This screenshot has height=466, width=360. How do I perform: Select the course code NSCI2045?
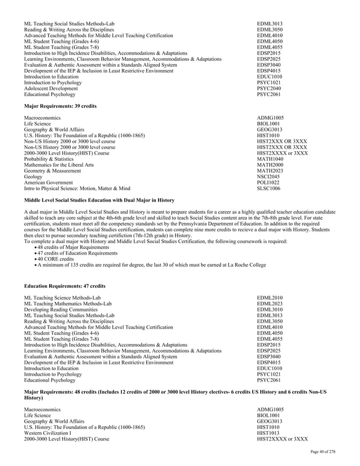tap(268, 177)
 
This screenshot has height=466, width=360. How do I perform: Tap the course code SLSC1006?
tap(268, 188)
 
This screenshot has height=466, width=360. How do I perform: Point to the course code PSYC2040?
tap(269, 89)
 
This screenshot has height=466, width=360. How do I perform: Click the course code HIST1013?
tap(268, 433)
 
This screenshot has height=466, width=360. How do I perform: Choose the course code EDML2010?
tap(270, 297)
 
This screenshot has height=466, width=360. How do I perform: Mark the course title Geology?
tap(33, 177)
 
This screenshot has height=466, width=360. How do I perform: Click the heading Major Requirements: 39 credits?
tap(60, 106)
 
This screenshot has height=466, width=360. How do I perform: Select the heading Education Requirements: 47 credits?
tap(64, 286)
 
